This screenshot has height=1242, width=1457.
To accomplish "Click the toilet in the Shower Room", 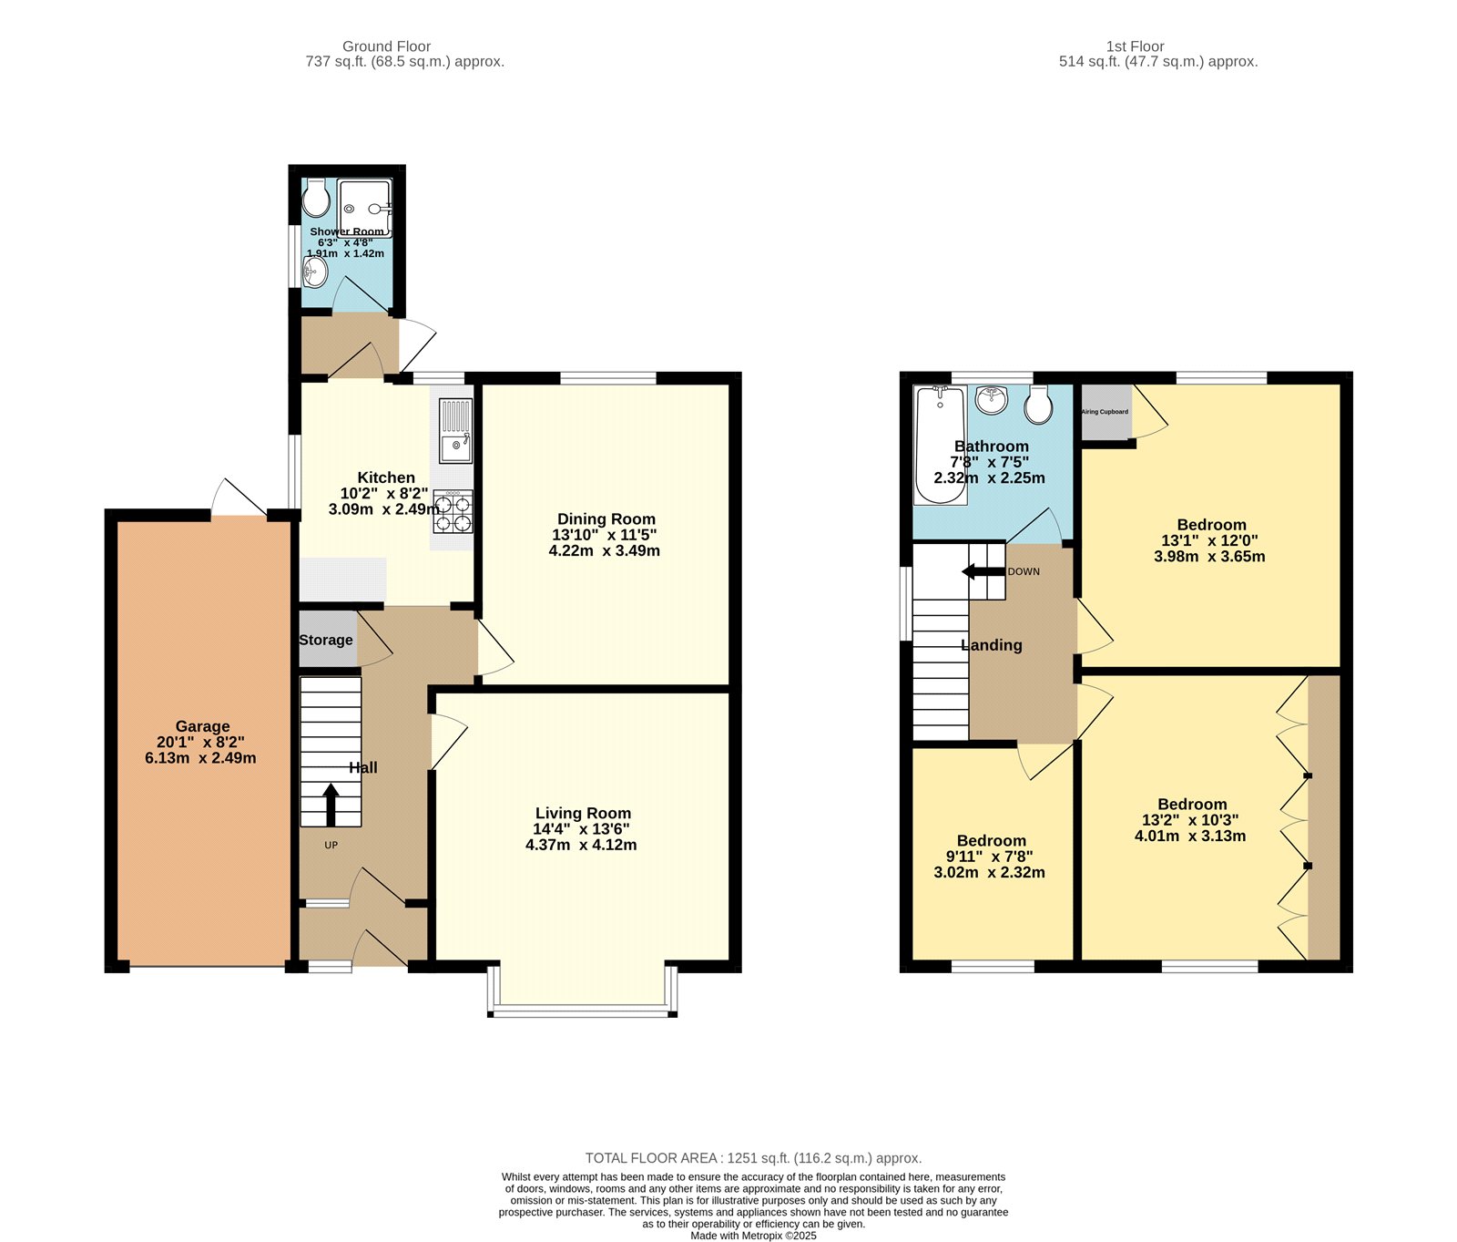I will tap(315, 197).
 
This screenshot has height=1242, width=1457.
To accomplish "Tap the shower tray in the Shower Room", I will tap(364, 207).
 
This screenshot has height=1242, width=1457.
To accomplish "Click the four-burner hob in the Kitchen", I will tap(453, 512).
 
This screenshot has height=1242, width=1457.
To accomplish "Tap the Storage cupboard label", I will tap(326, 640).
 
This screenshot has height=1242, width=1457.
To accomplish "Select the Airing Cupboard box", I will tap(1105, 412).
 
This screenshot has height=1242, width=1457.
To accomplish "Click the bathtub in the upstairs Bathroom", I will tap(940, 445).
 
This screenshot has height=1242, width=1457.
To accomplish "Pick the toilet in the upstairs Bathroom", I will tap(1038, 405).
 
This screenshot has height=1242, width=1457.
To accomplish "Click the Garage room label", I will tap(202, 726).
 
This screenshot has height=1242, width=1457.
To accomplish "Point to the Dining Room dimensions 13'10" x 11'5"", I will tap(605, 535).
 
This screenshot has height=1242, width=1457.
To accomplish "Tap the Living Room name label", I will tap(583, 813).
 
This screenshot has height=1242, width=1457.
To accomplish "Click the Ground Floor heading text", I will tap(386, 46).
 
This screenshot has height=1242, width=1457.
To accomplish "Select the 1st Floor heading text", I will tap(1135, 46).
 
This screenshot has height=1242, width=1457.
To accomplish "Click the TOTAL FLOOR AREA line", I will tap(753, 1158).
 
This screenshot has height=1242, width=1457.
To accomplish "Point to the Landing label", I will tap(991, 645).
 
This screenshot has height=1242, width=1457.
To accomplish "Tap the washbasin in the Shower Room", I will tap(314, 271).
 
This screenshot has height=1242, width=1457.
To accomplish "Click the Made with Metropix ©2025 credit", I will tap(753, 1236).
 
